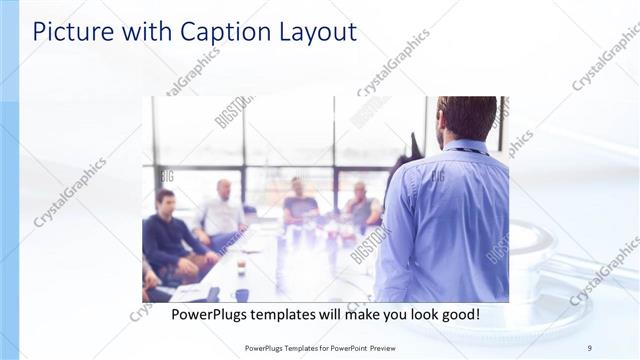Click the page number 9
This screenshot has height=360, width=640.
point(589,348)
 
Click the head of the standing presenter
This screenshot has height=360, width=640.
point(467,118)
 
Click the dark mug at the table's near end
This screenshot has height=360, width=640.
point(242,294)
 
